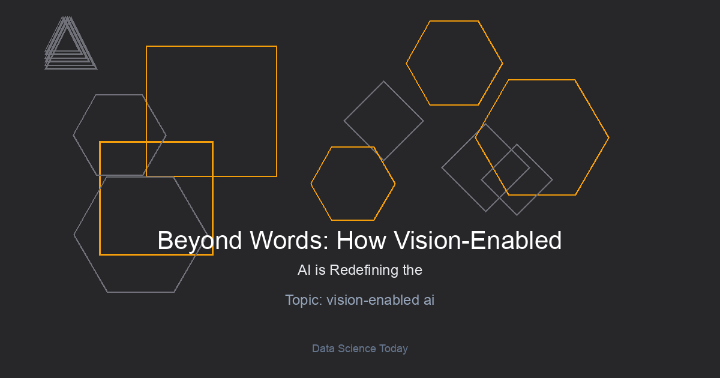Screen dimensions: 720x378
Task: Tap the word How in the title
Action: pyautogui.click(x=361, y=240)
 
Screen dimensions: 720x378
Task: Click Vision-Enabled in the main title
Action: pyautogui.click(x=478, y=240)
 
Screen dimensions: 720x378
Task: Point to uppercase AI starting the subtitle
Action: pyautogui.click(x=304, y=270)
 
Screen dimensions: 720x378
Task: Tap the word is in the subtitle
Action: pyautogui.click(x=320, y=270)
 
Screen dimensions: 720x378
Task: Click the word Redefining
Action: pyautogui.click(x=364, y=271)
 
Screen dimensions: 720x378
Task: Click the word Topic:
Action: pyautogui.click(x=304, y=301)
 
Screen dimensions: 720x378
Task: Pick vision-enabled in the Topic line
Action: pyautogui.click(x=373, y=300)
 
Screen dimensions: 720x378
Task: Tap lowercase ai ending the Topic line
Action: pyautogui.click(x=429, y=300)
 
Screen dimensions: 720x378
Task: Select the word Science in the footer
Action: pyautogui.click(x=357, y=349)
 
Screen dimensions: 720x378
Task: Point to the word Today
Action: pyautogui.click(x=394, y=349)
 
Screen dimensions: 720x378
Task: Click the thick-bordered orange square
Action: pyautogui.click(x=100, y=199)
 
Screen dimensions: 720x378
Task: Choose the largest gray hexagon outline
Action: pyautogui.click(x=74, y=235)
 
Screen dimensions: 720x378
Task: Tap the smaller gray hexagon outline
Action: pyautogui.click(x=74, y=135)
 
